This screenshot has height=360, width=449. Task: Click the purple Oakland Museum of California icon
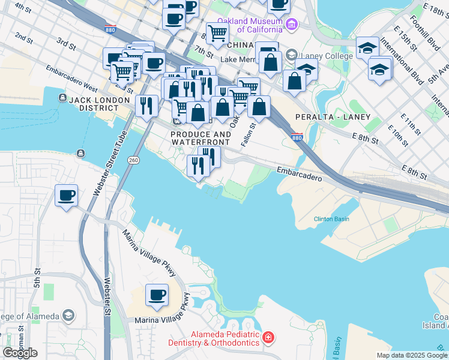coord(292,25)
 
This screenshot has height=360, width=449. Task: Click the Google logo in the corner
coord(20,353)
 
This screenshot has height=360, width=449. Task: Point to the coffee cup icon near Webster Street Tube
coord(66,195)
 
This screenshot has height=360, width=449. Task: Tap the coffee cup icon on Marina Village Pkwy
coord(157,295)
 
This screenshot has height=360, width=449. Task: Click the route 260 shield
coord(133,160)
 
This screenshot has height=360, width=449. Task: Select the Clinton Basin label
coord(331,219)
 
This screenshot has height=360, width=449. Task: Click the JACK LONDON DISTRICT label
coord(99,104)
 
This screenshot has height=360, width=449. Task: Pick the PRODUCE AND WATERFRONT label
coord(200,138)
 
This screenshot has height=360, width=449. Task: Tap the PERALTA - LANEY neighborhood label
coord(333,116)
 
